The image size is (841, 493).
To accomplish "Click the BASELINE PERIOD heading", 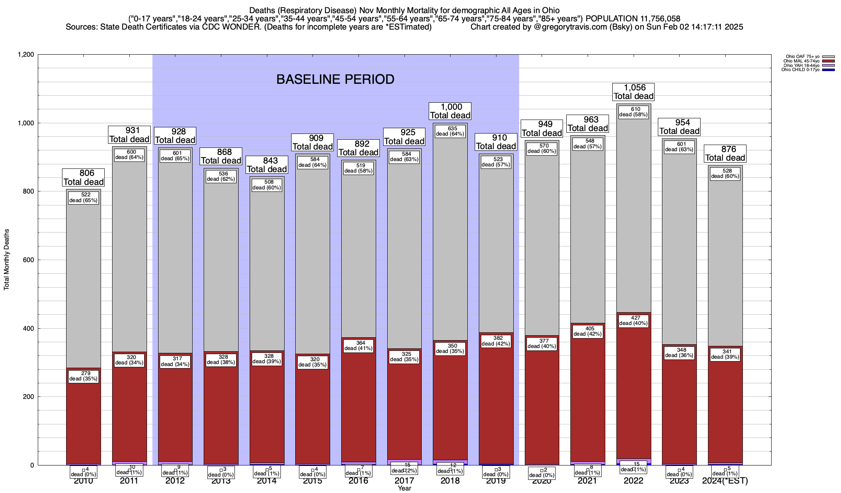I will [x=335, y=79].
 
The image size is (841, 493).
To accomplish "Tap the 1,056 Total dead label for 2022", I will [x=633, y=92].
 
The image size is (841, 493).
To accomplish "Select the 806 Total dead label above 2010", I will [x=84, y=177].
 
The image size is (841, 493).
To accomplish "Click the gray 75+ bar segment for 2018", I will [x=450, y=238].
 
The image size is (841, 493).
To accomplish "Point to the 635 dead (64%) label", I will [x=450, y=131].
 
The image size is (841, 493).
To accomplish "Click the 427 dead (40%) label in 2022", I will [x=633, y=320].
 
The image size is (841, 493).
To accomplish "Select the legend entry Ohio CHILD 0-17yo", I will [x=802, y=70].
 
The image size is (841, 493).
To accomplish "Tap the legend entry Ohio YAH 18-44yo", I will [x=803, y=65].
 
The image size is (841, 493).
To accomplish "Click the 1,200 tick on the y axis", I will [x=25, y=55].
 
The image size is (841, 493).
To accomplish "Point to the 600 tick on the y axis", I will [x=29, y=260].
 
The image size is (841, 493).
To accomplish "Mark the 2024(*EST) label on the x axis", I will [x=725, y=481].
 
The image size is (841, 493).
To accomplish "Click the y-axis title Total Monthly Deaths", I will [x=7, y=260].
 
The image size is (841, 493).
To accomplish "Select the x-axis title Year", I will [x=404, y=488].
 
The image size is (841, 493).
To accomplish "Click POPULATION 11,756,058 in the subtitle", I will [x=633, y=18].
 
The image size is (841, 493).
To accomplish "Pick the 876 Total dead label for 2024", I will [x=725, y=154].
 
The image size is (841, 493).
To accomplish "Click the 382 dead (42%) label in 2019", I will [x=496, y=341].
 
